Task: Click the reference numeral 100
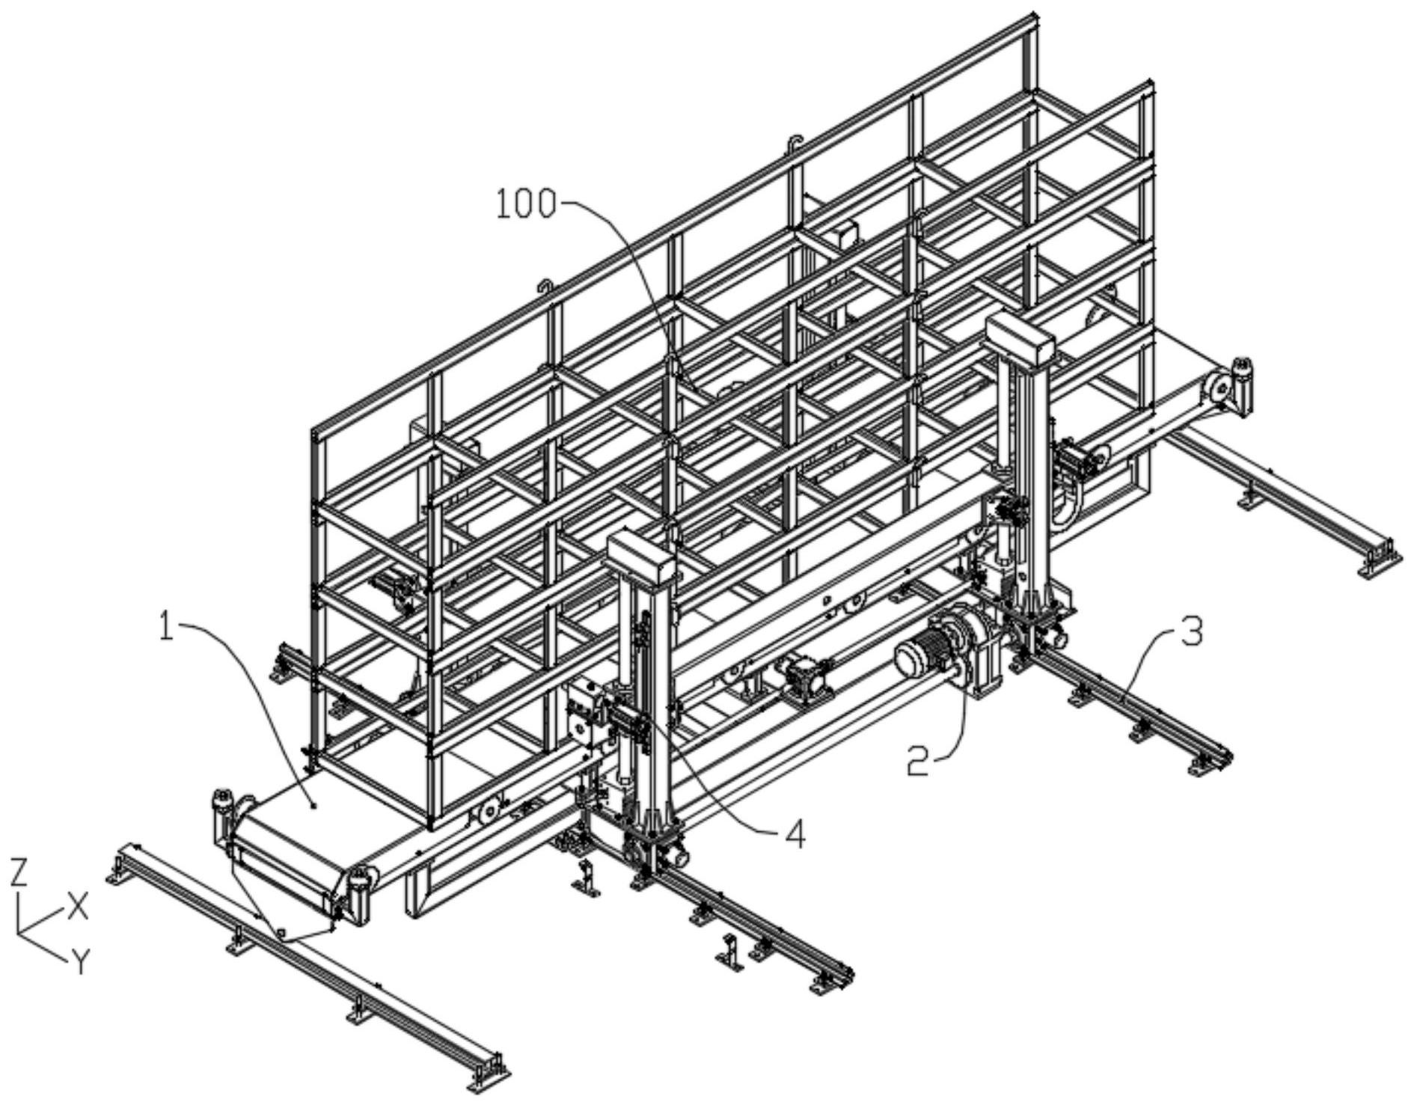click(527, 204)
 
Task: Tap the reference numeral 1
click(167, 630)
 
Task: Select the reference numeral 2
click(921, 762)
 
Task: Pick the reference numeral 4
click(794, 833)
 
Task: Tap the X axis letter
click(78, 907)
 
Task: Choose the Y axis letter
click(80, 961)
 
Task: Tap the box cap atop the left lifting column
click(643, 557)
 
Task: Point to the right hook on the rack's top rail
click(795, 142)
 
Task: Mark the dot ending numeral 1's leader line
click(314, 806)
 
